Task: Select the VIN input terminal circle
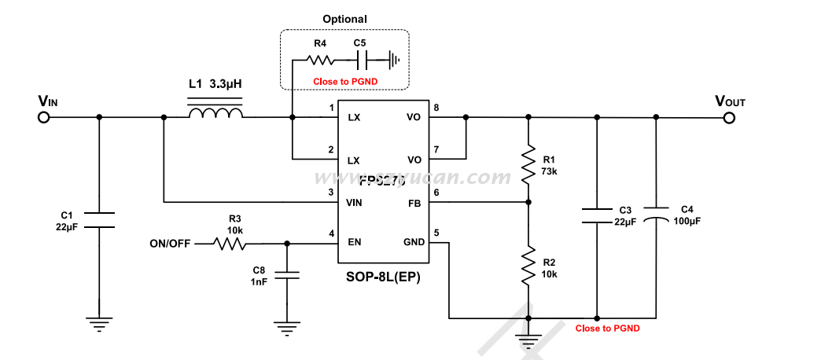pyautogui.click(x=44, y=118)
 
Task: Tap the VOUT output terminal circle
pyautogui.click(x=729, y=118)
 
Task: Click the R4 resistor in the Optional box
pyautogui.click(x=320, y=59)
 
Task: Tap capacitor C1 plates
pyautogui.click(x=99, y=219)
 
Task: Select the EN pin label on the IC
pyautogui.click(x=355, y=242)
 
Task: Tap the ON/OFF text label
pyautogui.click(x=170, y=244)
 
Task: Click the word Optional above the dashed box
pyautogui.click(x=344, y=19)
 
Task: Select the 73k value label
pyautogui.click(x=549, y=171)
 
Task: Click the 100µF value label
pyautogui.click(x=687, y=222)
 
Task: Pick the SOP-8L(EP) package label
pyautogui.click(x=383, y=277)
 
